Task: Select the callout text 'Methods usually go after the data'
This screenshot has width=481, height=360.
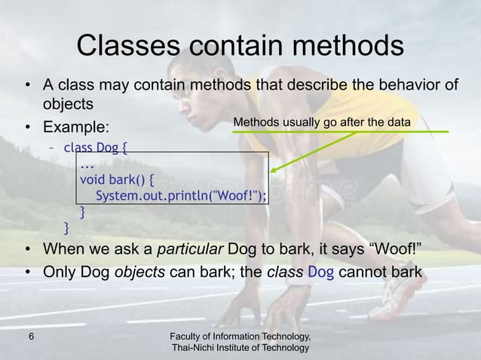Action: (327, 121)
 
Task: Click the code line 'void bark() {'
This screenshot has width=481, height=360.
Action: (118, 180)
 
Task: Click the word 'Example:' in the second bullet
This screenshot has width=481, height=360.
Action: (77, 124)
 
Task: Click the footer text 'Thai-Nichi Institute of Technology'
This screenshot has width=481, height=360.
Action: (240, 347)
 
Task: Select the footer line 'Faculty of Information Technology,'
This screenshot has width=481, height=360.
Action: (240, 334)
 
